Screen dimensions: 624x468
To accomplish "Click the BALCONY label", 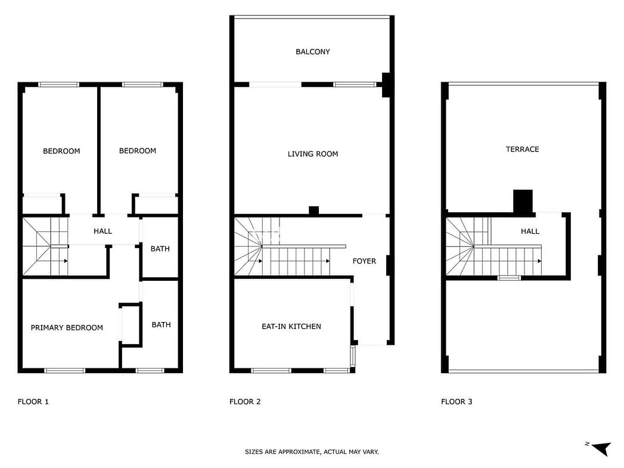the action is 312,52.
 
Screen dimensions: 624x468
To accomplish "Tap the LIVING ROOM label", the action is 313,154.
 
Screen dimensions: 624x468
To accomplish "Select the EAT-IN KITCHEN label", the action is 291,326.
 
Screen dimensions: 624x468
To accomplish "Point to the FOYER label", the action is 364,261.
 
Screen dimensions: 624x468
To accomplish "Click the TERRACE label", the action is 522,149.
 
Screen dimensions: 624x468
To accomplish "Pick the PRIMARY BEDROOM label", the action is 67,327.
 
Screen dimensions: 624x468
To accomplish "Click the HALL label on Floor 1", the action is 103,231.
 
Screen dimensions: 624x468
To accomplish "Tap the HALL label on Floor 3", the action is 530,231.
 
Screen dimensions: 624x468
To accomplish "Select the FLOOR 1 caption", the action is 33,402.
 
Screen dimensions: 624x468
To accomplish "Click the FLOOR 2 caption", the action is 245,402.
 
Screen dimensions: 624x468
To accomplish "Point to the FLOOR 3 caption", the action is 457,402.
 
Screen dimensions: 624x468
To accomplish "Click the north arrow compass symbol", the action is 600,448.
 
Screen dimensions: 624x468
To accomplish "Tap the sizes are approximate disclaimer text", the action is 312,452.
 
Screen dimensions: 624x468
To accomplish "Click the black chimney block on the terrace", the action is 523,202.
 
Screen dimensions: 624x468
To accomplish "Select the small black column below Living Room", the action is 314,210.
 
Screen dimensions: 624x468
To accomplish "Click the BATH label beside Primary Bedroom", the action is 161,325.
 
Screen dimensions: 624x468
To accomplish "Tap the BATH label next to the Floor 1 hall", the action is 160,249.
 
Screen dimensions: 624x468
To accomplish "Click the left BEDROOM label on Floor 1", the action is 61,151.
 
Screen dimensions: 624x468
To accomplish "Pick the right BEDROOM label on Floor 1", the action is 137,151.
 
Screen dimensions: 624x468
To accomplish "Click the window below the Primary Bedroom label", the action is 64,370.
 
